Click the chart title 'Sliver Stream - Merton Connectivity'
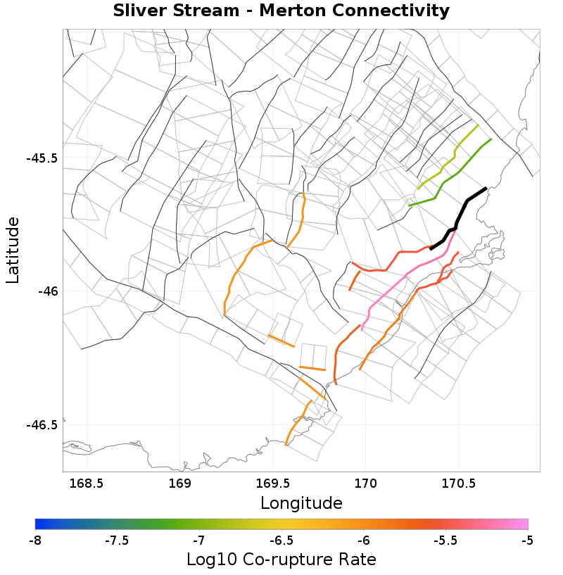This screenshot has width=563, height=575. point(281,11)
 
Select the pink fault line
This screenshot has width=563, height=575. point(408,274)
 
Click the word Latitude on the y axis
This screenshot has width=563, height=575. point(13,250)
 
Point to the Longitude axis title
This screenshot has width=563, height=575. point(301,503)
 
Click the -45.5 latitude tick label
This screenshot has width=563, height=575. point(42,158)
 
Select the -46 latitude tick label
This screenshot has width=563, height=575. point(46,291)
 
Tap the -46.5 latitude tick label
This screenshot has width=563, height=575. point(42,424)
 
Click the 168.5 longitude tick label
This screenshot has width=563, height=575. point(87,484)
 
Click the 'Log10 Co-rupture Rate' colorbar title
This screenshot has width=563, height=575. point(281,560)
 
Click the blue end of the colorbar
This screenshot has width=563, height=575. point(39,524)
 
